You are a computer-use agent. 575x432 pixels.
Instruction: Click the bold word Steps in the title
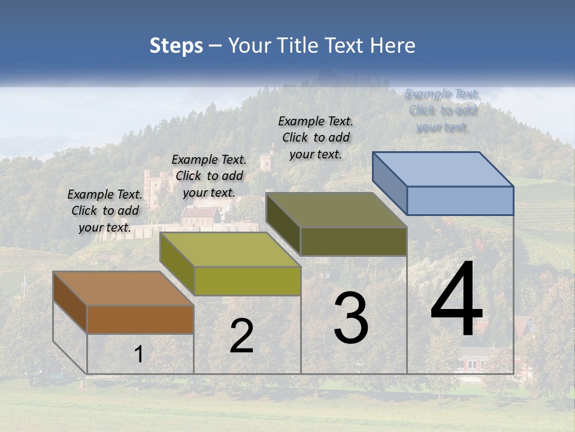coord(176,46)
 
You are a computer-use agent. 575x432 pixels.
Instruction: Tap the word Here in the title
coord(393,46)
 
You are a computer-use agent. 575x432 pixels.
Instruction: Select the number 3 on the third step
coord(351,318)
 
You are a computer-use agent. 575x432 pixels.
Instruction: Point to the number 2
coord(242,336)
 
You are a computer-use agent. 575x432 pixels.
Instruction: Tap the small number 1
coord(138,354)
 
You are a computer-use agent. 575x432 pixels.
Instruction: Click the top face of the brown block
coord(123,289)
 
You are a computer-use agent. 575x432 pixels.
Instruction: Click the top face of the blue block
coord(443,169)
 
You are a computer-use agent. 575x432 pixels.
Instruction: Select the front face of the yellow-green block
coord(247,281)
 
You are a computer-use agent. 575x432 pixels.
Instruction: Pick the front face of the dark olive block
coord(353,241)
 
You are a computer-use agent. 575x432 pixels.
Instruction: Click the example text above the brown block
coord(105,211)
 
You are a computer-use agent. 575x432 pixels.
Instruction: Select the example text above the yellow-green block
coord(209,176)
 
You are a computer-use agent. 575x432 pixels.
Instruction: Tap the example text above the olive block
coord(316,137)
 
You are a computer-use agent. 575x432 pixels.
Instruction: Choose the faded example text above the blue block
coord(442,110)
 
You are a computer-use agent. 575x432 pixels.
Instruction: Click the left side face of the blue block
coord(389,183)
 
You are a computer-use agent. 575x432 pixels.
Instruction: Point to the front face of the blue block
coord(460,200)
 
